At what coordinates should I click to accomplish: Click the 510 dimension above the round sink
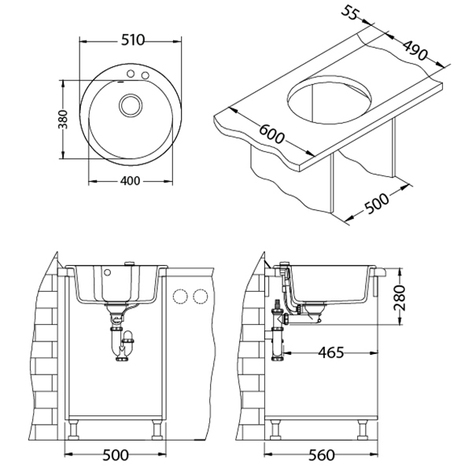click(x=133, y=40)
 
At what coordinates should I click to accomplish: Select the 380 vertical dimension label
click(x=63, y=120)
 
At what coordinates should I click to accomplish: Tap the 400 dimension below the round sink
click(x=130, y=181)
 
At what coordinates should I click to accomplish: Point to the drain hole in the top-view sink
click(x=131, y=105)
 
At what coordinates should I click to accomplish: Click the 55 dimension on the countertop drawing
click(x=350, y=12)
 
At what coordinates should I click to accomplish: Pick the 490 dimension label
click(x=415, y=50)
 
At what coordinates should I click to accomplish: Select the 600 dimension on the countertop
click(x=271, y=134)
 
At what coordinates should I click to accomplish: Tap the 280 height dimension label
click(x=400, y=297)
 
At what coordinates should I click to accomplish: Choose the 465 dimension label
click(x=331, y=352)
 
